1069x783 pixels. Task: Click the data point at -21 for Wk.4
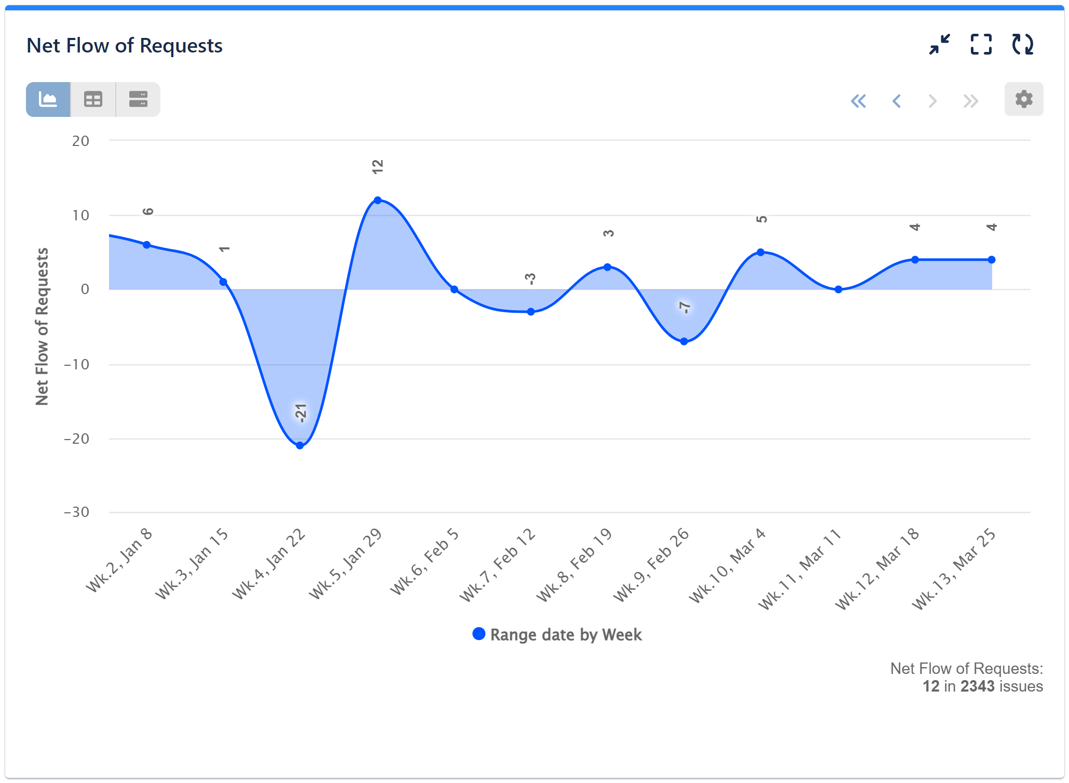coord(300,445)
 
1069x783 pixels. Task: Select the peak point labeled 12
coord(377,200)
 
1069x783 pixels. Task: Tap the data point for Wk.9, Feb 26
coord(684,341)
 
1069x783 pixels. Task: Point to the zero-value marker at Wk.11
coord(838,289)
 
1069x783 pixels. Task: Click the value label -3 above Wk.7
coord(530,278)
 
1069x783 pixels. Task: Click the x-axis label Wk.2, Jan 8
coord(119,560)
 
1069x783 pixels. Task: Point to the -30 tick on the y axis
coord(76,512)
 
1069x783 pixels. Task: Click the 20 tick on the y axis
coord(80,141)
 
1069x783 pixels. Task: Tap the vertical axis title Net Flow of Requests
coord(42,326)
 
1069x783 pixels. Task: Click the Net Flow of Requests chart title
coord(125,46)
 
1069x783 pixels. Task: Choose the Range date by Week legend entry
coord(558,634)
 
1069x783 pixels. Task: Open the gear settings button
coord(1023,99)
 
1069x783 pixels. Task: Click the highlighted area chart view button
coord(48,99)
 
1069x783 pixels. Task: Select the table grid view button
coord(93,99)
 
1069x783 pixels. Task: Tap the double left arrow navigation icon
coord(858,101)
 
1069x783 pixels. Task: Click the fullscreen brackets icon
coord(981,45)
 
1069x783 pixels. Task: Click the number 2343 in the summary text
coord(977,686)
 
